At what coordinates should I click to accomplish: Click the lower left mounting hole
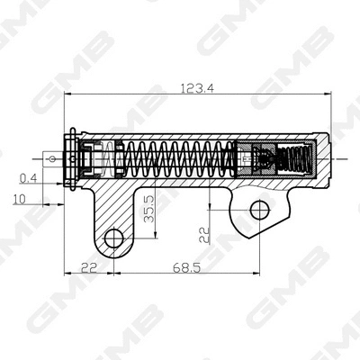point(113,238)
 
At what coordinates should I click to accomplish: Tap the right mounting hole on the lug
point(258,210)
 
